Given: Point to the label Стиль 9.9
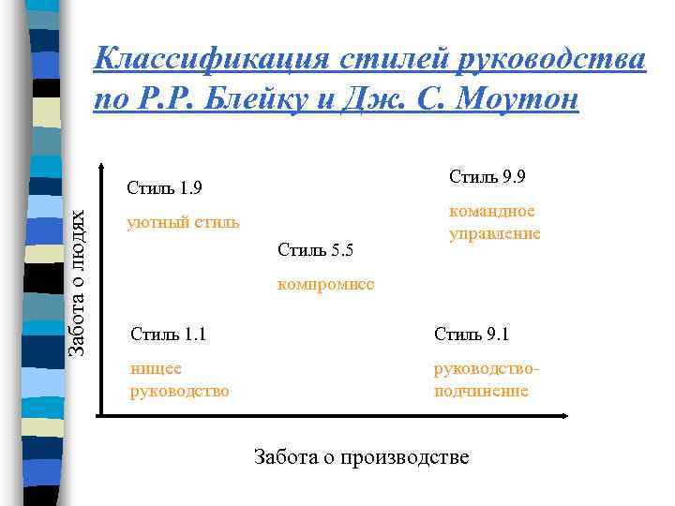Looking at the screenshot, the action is [x=487, y=176].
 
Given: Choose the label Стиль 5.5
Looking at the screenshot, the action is [x=315, y=249].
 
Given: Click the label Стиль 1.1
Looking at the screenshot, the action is [x=169, y=334].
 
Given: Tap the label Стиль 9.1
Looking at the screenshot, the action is [x=472, y=334].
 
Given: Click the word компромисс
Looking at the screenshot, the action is [x=326, y=284].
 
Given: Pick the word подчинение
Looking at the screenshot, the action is [x=481, y=391].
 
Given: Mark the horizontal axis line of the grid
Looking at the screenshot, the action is [x=328, y=415].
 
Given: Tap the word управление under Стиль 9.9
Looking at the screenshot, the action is [x=495, y=233].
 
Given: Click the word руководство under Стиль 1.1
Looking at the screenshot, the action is [x=179, y=391].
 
